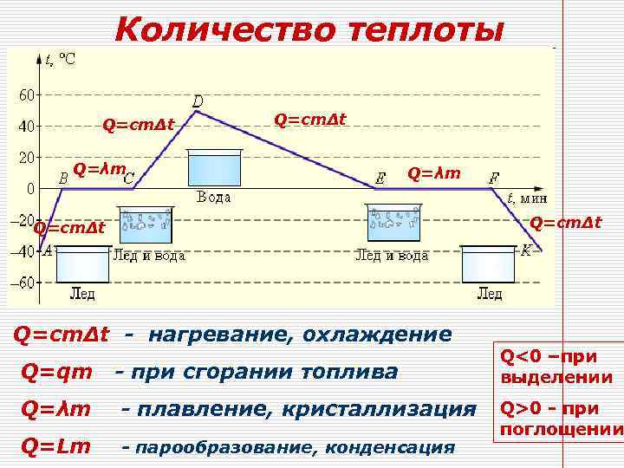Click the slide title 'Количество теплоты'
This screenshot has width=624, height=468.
[308, 29]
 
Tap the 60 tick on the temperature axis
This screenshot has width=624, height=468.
[26, 94]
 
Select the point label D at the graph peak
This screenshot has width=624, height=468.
[198, 102]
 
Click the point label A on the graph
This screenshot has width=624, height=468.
[47, 250]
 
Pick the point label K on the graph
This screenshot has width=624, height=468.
[526, 250]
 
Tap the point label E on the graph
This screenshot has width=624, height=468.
[380, 179]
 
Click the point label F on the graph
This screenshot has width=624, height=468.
[493, 179]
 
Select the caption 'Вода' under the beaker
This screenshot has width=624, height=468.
[213, 197]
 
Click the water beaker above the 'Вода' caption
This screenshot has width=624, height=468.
[213, 168]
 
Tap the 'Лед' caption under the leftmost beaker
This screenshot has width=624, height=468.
[82, 294]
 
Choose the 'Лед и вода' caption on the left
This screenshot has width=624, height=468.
[148, 256]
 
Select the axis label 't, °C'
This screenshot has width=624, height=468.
[60, 59]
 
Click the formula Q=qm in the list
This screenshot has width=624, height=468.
[57, 372]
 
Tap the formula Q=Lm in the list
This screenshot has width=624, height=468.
[56, 445]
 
